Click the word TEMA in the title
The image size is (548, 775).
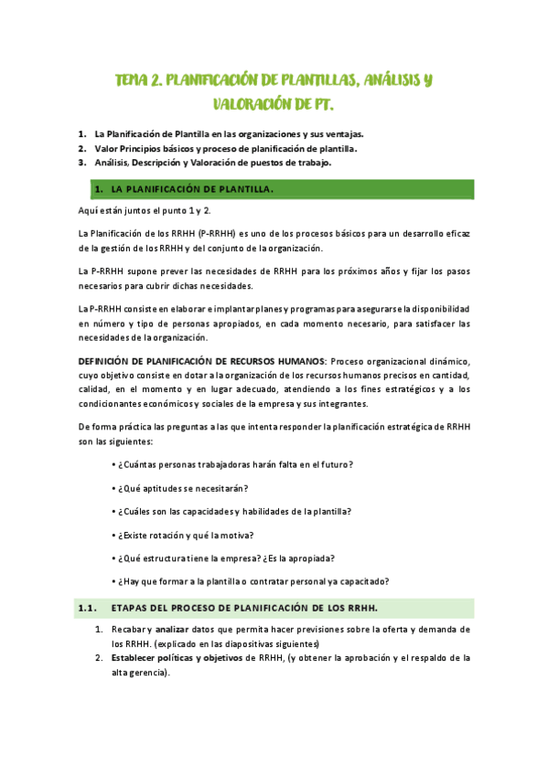pyautogui.click(x=133, y=81)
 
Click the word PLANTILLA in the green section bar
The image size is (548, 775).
pyautogui.click(x=238, y=189)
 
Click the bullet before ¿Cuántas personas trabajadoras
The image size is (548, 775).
pyautogui.click(x=113, y=464)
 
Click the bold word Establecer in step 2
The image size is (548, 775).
pyautogui.click(x=135, y=657)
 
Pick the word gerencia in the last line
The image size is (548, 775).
pyautogui.click(x=151, y=673)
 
